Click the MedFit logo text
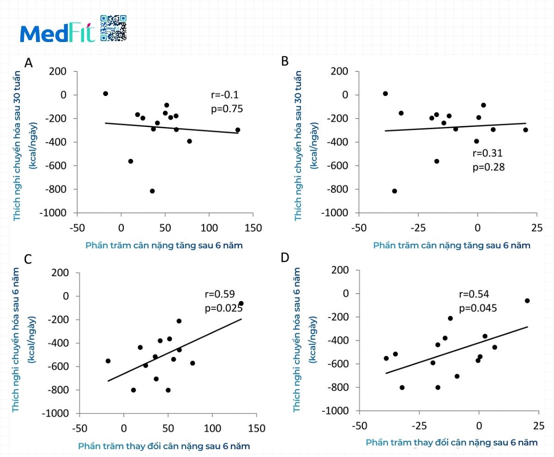coord(57,33)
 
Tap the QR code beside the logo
coord(113,28)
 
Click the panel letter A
coord(29,63)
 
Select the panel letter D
coord(285,257)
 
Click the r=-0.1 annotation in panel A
coord(224,95)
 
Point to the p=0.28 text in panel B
coord(488,167)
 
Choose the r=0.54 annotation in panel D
coord(474,295)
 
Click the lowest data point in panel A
coord(152,191)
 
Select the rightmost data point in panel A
coord(238,130)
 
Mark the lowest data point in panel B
coord(394,191)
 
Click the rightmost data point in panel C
coord(241,303)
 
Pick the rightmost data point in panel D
coord(527,301)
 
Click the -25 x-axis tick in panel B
coord(418,228)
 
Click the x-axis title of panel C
coord(164,446)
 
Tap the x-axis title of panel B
coord(452,245)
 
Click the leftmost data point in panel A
coord(105,94)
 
